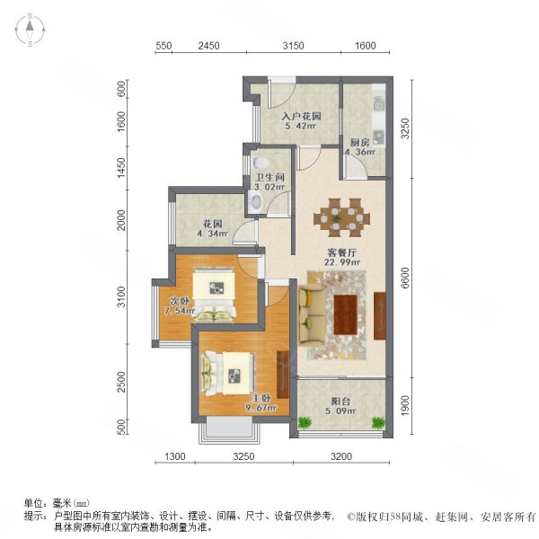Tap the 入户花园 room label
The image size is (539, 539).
302,117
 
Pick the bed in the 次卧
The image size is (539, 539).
214,301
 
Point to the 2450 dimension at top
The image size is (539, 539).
208,47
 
